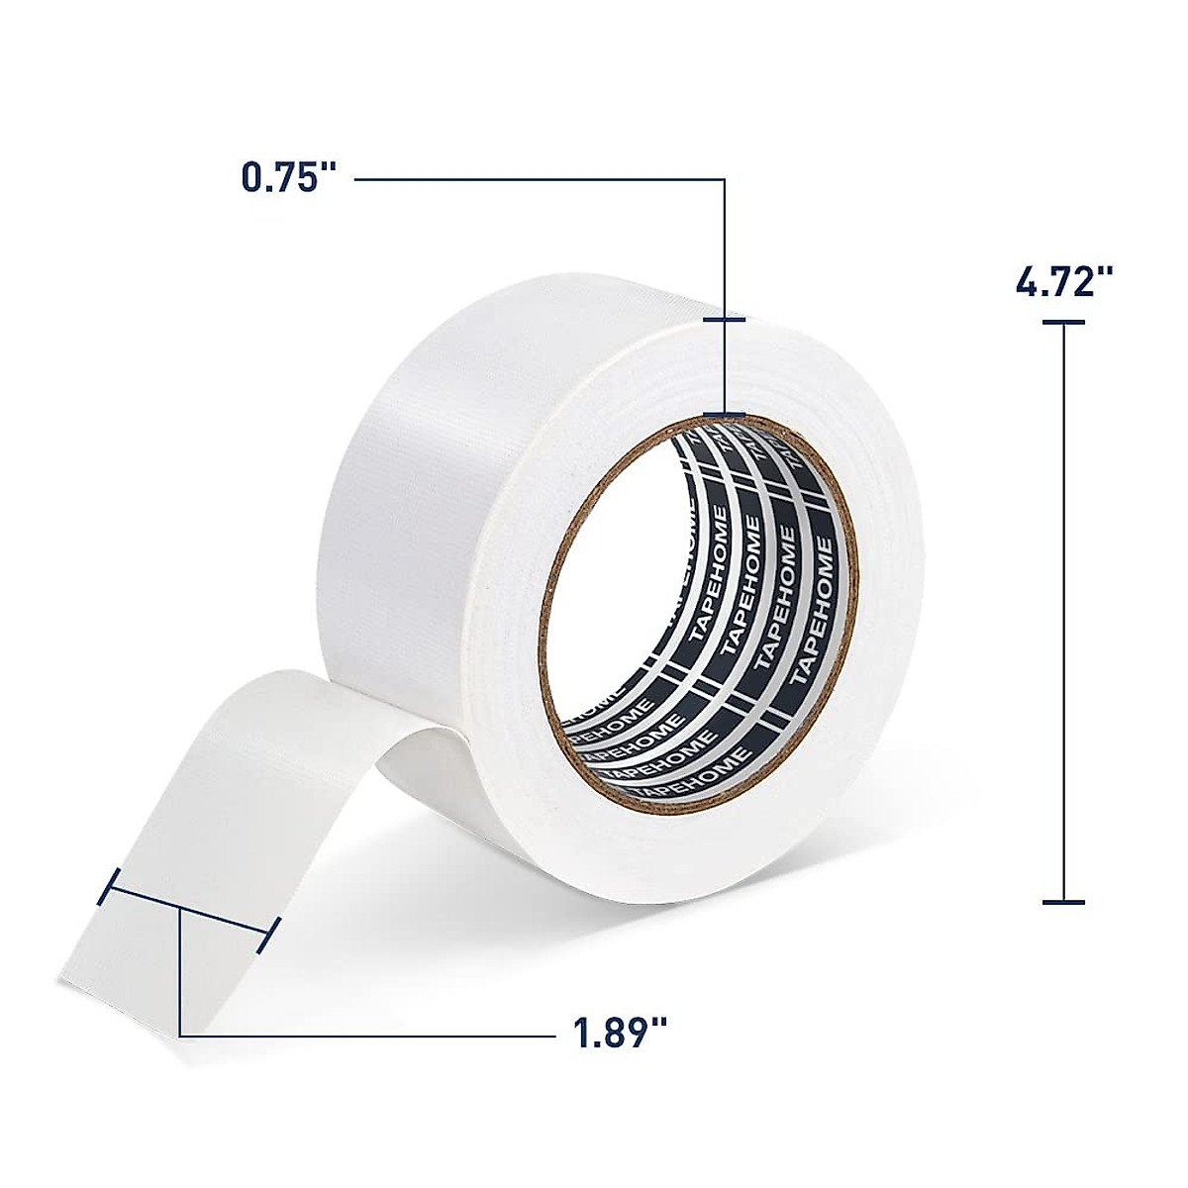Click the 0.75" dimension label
(284, 179)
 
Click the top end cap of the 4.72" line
(1063, 322)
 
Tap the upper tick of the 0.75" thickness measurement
(725, 320)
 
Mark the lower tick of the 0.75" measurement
(725, 414)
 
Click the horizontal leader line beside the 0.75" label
(535, 179)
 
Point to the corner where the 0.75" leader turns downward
(725, 179)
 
